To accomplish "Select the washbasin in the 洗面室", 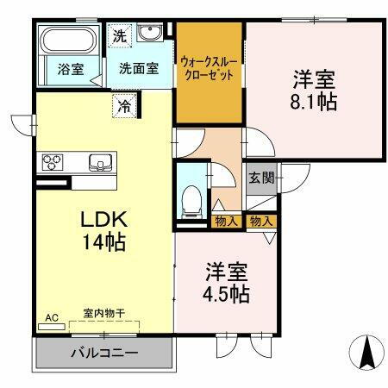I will pos(150,34).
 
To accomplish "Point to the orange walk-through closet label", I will pos(210,69).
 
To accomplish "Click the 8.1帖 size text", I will pos(313,100).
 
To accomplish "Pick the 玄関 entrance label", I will pos(262,178).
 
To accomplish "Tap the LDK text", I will pos(103,219).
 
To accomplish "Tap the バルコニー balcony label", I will pos(103,353).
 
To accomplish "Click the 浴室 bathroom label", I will pos(71,69).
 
